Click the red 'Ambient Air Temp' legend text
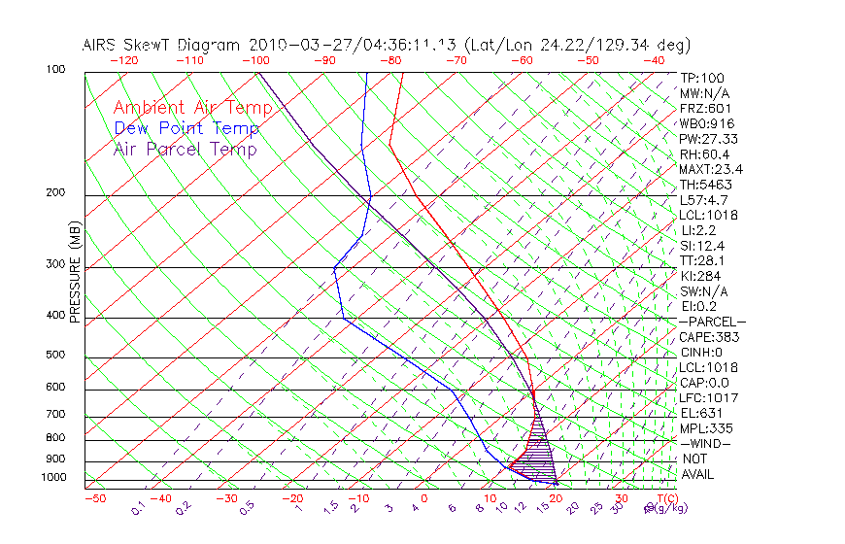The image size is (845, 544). coord(186,108)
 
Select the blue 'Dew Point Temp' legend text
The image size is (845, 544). coord(186,128)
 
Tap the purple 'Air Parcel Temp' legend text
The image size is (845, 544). coord(185,149)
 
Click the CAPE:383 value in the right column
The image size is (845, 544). coord(709,337)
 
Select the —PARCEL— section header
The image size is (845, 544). coord(712,322)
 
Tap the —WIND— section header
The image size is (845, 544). coord(706,443)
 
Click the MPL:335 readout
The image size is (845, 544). coord(706,428)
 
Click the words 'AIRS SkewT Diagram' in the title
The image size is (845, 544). coord(163,45)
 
